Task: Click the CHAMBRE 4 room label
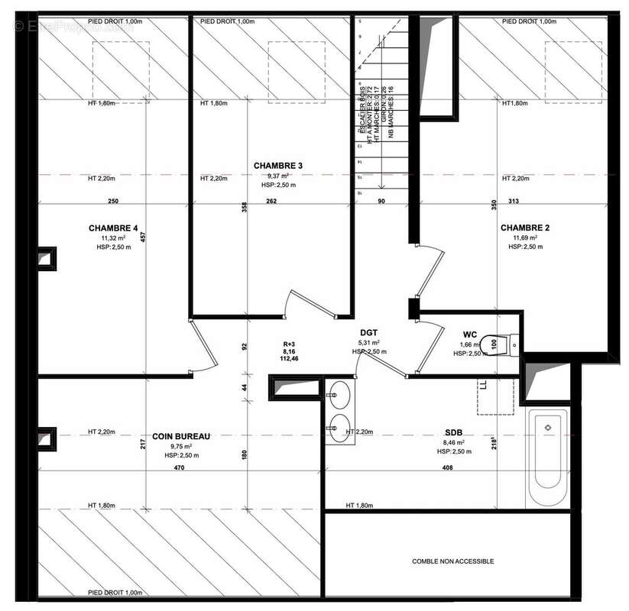114,228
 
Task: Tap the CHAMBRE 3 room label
278,166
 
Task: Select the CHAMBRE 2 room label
525,228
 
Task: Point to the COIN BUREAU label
181,436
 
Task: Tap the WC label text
470,334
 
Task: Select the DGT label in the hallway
370,332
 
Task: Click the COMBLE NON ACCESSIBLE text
452,561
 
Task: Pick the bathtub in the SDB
547,457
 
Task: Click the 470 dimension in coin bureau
179,467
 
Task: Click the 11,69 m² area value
525,238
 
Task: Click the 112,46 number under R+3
289,358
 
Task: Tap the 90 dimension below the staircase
382,202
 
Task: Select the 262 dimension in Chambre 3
271,202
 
